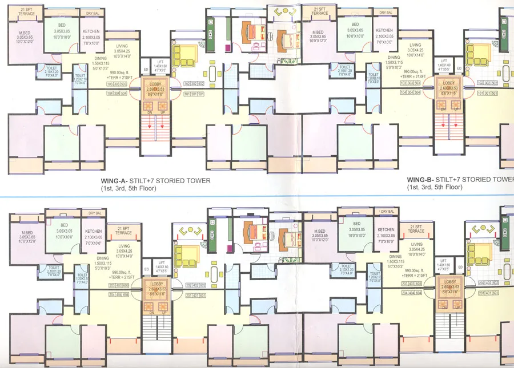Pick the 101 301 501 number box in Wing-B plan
(488, 92)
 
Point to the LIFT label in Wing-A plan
(160, 61)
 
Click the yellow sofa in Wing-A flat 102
(184, 56)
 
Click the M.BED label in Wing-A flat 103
(24, 33)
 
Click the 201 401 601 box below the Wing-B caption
(488, 293)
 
